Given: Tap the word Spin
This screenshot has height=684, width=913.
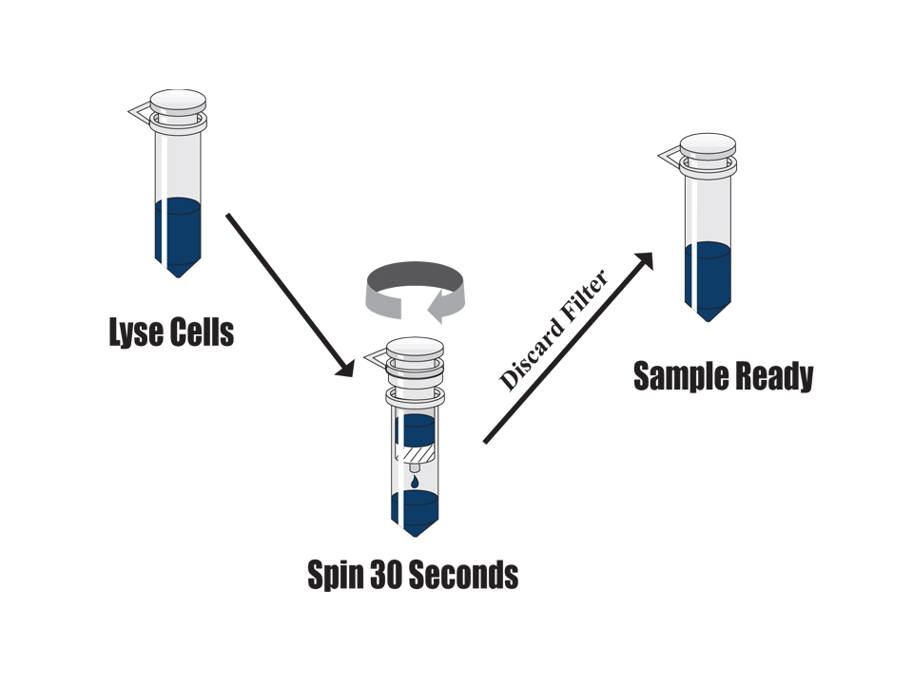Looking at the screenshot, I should (x=339, y=574).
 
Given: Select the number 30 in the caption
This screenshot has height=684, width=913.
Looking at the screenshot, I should (x=394, y=574).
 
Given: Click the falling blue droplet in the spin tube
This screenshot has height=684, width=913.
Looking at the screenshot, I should (x=415, y=484).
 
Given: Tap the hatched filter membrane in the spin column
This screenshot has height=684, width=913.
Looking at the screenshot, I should (x=415, y=454).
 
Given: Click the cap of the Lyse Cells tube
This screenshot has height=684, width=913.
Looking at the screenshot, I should (x=178, y=101).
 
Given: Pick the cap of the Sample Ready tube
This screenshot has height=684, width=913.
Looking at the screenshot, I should (x=709, y=146).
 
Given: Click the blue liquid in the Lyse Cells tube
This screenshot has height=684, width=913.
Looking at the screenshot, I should (x=177, y=233).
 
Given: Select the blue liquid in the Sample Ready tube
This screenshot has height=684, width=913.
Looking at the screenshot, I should (x=709, y=276).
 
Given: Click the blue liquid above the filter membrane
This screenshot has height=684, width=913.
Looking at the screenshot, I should (x=415, y=430).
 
